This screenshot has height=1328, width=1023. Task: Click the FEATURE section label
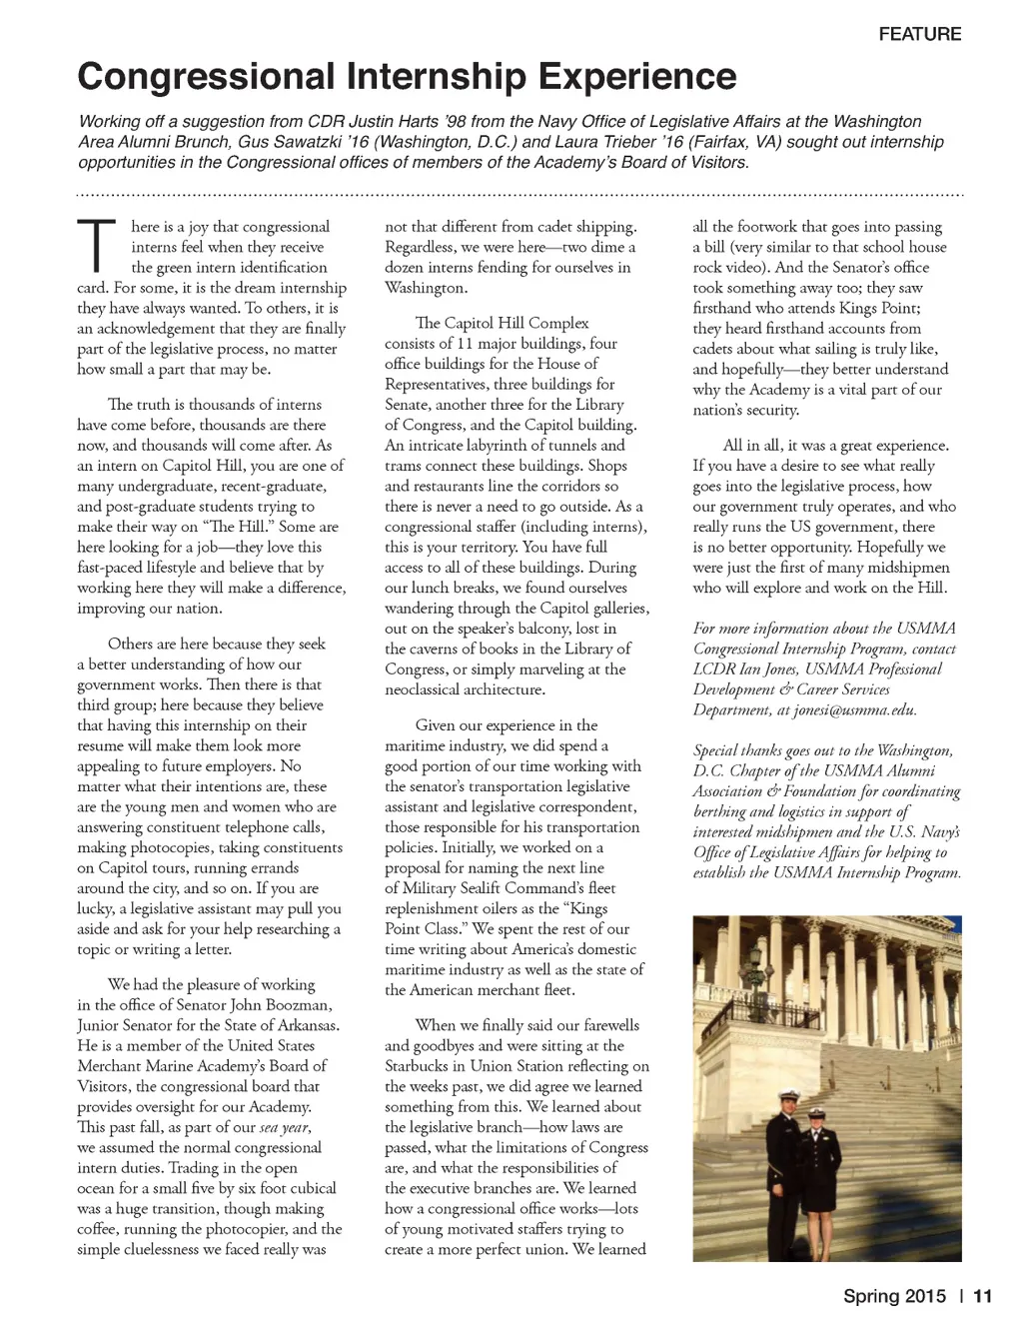(x=919, y=34)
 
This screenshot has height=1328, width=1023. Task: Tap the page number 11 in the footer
(x=982, y=1297)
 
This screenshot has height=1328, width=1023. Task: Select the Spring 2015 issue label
(x=894, y=1297)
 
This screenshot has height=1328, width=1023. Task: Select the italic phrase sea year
(x=284, y=1127)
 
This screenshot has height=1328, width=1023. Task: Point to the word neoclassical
(x=433, y=689)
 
